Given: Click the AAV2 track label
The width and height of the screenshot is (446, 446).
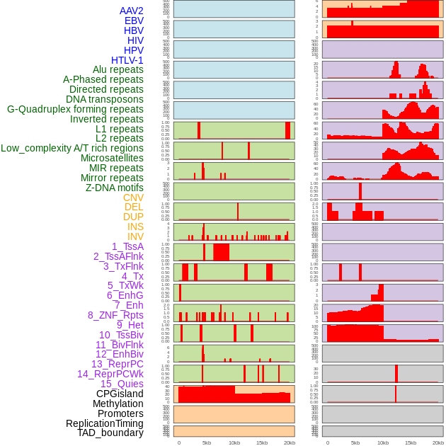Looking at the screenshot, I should click(x=132, y=11).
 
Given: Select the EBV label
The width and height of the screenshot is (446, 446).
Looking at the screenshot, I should click(x=134, y=21).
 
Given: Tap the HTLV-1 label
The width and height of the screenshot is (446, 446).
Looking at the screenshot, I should click(x=127, y=60).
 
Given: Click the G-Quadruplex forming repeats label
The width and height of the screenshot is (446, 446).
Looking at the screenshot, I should click(x=75, y=109).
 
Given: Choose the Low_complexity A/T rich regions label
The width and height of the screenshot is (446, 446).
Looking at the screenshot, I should click(x=72, y=148).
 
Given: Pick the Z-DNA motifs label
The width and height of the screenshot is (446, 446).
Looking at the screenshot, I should click(x=115, y=188).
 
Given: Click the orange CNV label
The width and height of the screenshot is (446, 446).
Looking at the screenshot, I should click(x=133, y=198).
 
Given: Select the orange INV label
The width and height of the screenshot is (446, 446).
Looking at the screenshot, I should click(x=135, y=236).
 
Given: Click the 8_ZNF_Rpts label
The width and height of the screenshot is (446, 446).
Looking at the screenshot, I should click(x=115, y=315).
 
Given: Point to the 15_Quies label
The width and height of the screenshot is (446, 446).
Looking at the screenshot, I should click(x=122, y=384).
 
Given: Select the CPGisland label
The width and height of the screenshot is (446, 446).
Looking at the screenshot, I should click(x=120, y=394).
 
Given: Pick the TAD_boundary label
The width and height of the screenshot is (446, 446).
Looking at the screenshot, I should click(x=110, y=433).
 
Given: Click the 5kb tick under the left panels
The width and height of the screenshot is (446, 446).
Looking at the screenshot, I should click(x=207, y=442).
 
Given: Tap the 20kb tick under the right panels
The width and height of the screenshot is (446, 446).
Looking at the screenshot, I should click(x=438, y=442).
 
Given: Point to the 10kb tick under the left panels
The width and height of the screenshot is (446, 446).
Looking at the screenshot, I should click(x=234, y=442).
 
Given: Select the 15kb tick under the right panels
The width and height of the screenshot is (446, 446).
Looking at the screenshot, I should click(x=411, y=442).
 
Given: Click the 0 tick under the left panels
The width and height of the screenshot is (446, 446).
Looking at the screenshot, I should click(x=179, y=442).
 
